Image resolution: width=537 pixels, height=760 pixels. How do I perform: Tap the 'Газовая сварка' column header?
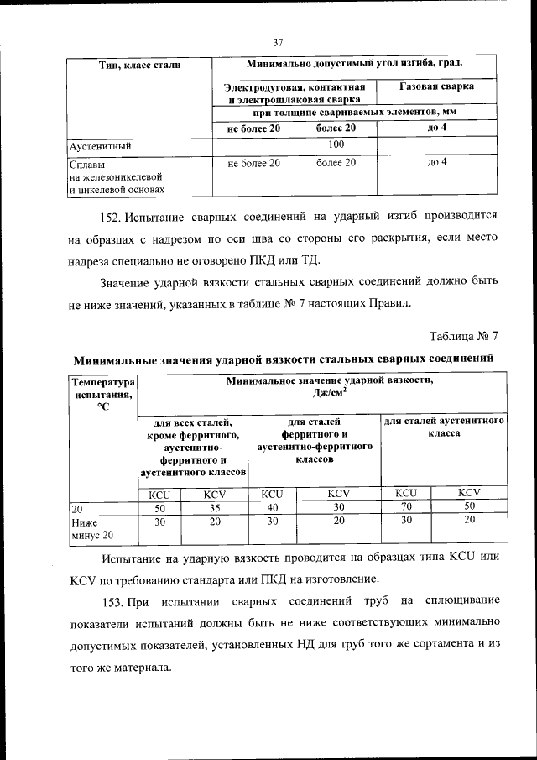[x=436, y=86]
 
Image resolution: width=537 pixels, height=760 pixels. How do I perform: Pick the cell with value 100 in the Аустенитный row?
[x=336, y=145]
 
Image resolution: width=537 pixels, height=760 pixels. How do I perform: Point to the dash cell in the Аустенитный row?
[x=436, y=145]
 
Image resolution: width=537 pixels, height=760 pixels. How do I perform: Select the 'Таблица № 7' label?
[x=464, y=337]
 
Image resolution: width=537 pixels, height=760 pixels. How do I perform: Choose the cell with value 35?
[x=215, y=508]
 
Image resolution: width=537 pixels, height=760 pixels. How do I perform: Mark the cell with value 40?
[x=273, y=508]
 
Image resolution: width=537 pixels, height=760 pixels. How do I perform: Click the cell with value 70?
[x=406, y=508]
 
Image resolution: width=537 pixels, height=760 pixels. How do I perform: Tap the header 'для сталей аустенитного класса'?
[x=444, y=427]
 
